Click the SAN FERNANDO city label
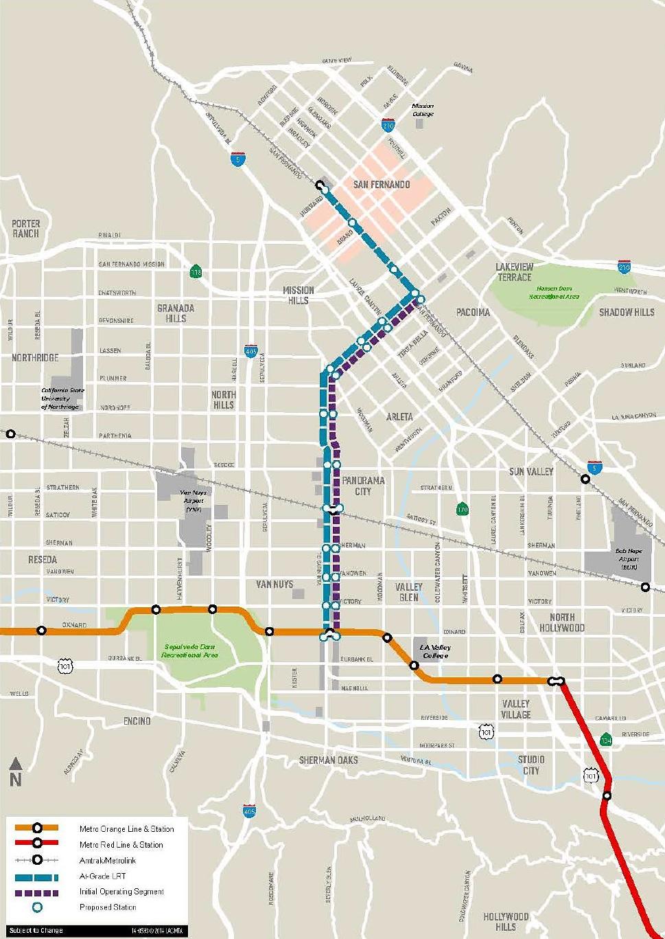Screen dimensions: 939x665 tap(381, 185)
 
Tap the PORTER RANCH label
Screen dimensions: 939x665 tap(26, 229)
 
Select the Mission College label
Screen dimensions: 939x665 tap(423, 110)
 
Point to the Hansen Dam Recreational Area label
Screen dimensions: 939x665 tap(554, 293)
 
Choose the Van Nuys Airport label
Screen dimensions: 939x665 tap(193, 497)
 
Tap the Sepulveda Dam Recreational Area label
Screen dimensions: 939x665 tap(189, 651)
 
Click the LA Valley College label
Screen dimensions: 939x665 tap(436, 651)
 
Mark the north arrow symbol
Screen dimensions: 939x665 tap(16, 771)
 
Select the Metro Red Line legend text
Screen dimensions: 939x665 tap(121, 845)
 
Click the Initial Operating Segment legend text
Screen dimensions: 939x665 tap(121, 892)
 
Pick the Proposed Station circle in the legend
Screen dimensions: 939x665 tap(37, 907)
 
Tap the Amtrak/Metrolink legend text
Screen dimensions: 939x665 tap(107, 861)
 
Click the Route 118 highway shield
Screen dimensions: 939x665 tap(196, 271)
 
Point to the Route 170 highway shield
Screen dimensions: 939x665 tap(463, 509)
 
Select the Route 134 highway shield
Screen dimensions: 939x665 tap(606, 740)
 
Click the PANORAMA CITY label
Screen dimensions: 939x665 tap(363, 486)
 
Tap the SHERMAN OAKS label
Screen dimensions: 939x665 tap(328, 760)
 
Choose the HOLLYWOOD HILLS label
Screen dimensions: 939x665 tap(506, 921)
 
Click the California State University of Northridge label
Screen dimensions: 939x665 tap(62, 398)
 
